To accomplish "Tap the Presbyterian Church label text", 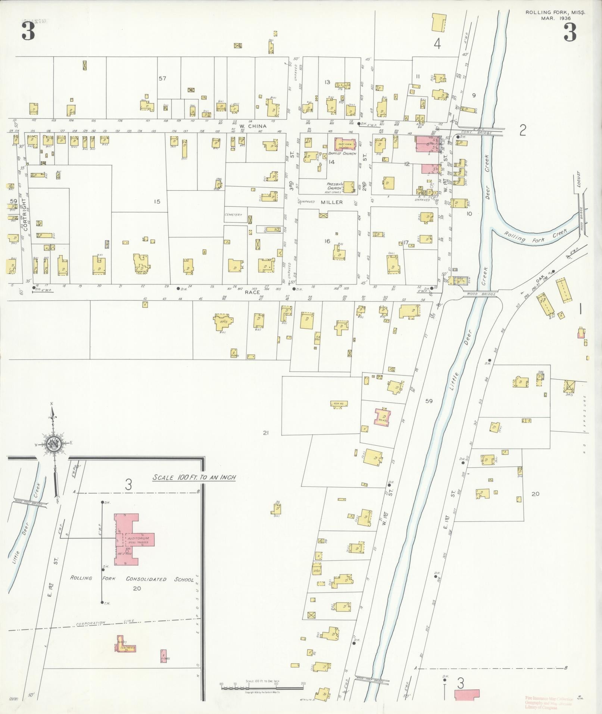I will [335, 186].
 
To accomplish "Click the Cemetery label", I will [233, 215].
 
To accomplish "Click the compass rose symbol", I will [54, 444].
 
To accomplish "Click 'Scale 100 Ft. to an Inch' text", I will [194, 477].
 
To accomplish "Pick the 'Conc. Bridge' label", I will [471, 132].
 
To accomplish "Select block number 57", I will [162, 78].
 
